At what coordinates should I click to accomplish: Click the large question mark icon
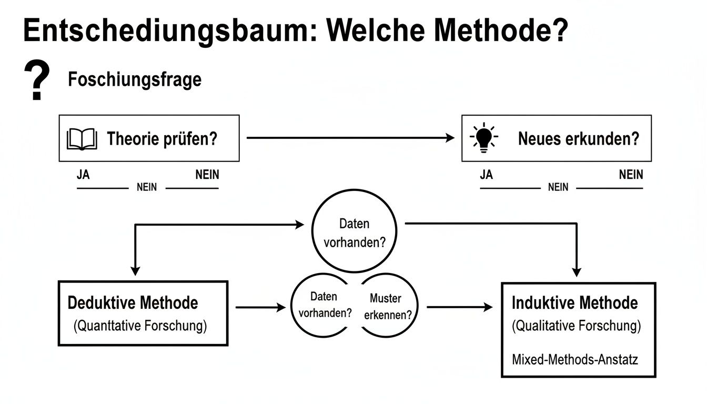click(37, 80)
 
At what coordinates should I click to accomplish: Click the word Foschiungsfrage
click(135, 80)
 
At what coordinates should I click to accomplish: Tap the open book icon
click(82, 139)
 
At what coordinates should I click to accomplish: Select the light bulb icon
click(483, 138)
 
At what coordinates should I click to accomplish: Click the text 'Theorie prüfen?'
click(162, 139)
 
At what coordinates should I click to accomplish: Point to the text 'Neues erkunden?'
click(579, 139)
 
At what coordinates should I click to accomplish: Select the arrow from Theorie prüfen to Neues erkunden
click(350, 138)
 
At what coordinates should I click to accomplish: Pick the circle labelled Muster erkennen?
click(388, 307)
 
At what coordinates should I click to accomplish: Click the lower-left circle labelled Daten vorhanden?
click(323, 305)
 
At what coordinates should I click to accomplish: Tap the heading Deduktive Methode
click(133, 303)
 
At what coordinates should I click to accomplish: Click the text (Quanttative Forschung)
click(140, 326)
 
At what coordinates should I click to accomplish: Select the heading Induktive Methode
click(574, 303)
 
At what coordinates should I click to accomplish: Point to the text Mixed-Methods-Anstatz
click(574, 360)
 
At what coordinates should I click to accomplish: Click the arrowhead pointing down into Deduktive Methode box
click(136, 270)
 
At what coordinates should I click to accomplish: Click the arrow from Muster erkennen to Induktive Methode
click(459, 307)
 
